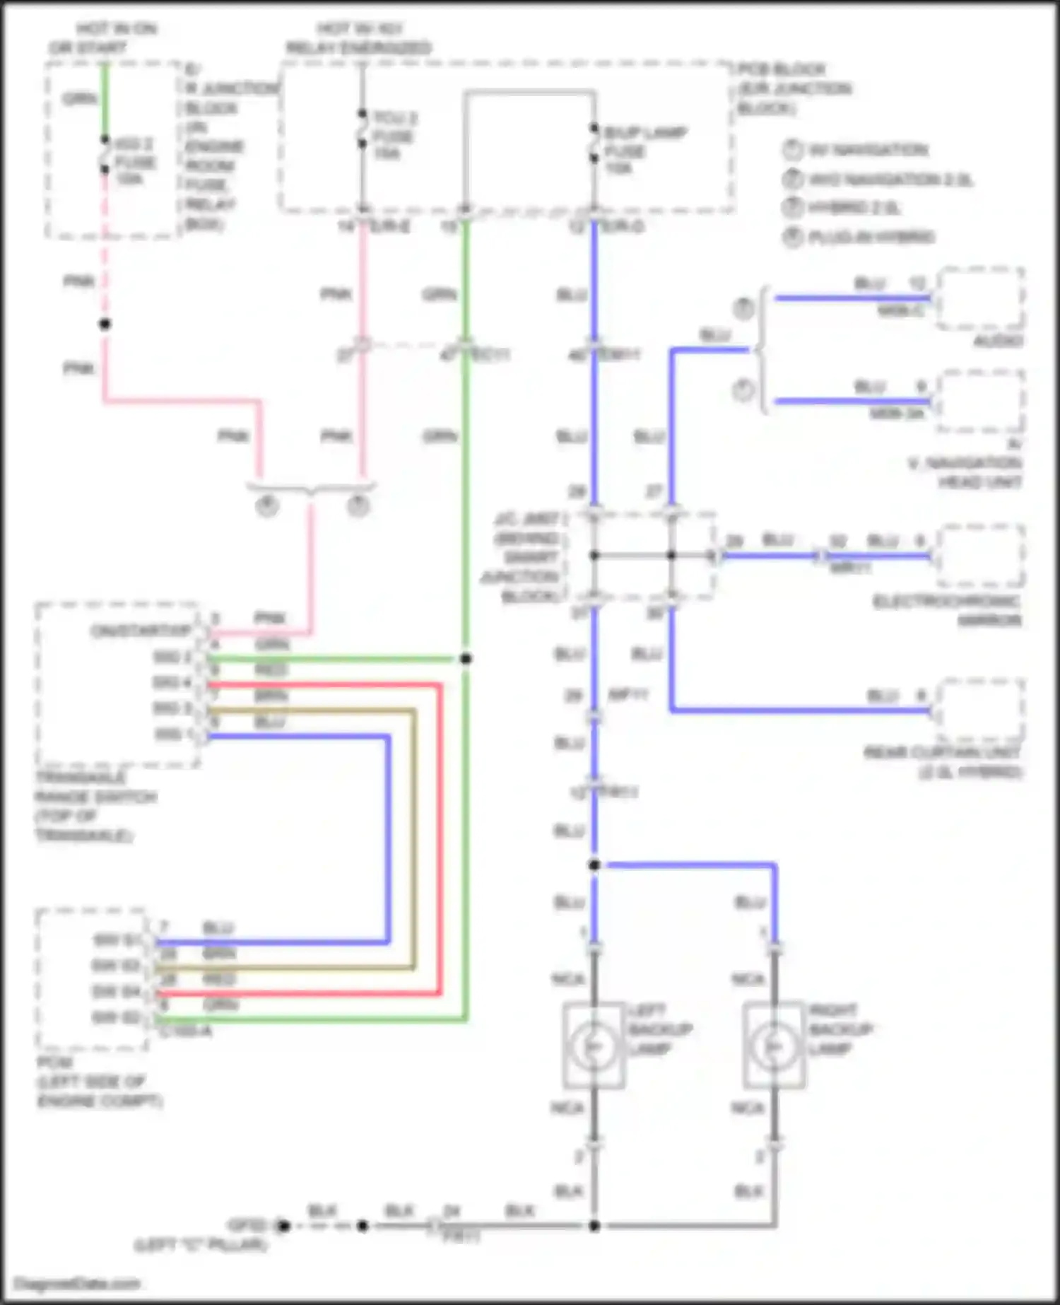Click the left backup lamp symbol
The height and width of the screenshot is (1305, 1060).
[594, 1046]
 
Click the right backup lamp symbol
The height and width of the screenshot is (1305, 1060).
[774, 1046]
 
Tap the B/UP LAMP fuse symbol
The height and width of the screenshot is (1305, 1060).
[594, 144]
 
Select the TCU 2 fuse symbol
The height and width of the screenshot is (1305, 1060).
[362, 129]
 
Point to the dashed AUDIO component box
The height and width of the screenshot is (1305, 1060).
[980, 298]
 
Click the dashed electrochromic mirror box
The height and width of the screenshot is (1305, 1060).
[980, 556]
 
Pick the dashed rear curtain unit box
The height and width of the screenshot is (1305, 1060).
[980, 710]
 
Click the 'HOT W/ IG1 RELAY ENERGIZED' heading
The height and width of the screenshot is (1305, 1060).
[358, 38]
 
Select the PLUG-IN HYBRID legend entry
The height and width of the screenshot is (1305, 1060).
[871, 237]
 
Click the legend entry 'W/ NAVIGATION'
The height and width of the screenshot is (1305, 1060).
[868, 150]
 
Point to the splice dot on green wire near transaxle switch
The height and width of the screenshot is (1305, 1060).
[466, 659]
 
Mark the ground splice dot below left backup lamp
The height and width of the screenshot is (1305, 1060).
[594, 1226]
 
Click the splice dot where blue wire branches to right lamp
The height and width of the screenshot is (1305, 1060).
[594, 865]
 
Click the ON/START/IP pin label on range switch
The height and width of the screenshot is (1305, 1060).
[141, 631]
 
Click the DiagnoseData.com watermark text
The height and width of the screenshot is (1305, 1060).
[77, 1284]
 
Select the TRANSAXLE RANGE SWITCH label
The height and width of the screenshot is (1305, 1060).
[95, 807]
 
